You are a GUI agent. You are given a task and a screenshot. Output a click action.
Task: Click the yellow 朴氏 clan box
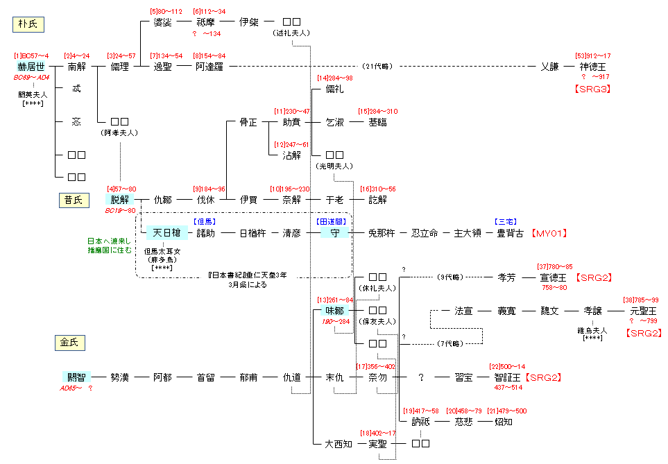pyautogui.click(x=29, y=25)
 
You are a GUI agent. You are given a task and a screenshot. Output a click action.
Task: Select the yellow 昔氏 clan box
pyautogui.click(x=73, y=200)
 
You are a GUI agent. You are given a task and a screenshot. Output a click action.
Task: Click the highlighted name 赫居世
pyautogui.click(x=33, y=67)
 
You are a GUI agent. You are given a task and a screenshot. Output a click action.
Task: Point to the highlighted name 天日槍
pyautogui.click(x=166, y=233)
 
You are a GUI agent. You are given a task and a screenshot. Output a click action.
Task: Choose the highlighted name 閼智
pyautogui.click(x=76, y=377)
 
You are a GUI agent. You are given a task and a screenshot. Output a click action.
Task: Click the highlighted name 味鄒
pyautogui.click(x=335, y=311)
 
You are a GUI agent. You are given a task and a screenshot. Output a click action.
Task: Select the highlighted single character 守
pyautogui.click(x=335, y=233)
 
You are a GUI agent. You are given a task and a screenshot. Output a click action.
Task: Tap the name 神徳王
pyautogui.click(x=594, y=67)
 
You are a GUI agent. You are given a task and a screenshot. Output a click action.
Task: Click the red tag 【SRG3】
pyautogui.click(x=593, y=89)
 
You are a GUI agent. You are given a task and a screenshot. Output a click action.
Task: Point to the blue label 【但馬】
pyautogui.click(x=205, y=221)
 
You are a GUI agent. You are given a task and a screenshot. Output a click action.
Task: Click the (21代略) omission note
pyautogui.click(x=377, y=67)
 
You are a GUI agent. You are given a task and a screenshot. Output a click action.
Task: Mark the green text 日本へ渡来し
pyautogui.click(x=108, y=241)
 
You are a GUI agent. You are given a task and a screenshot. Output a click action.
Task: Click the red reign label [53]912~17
pyautogui.click(x=593, y=55)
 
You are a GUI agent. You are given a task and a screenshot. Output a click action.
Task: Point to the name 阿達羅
pyautogui.click(x=209, y=67)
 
